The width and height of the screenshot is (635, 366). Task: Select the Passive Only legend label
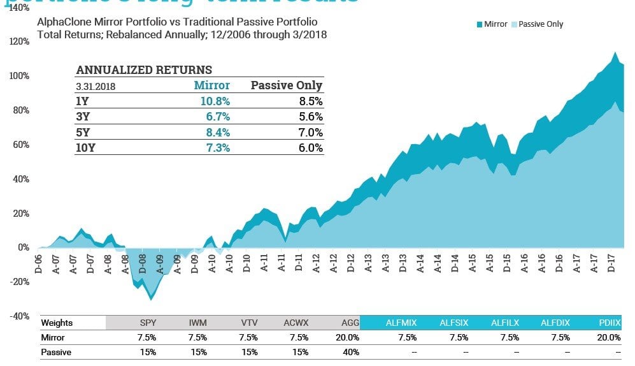point(541,24)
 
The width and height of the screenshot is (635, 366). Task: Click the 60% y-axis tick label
point(21,145)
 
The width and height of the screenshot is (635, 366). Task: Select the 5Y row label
point(83,132)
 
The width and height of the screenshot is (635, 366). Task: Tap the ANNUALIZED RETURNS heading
point(144,70)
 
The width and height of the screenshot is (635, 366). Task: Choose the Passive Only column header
point(286,85)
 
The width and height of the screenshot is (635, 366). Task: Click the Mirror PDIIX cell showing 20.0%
point(608,337)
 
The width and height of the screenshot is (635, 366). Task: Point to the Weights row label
point(57,323)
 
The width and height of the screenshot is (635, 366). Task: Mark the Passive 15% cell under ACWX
point(299,351)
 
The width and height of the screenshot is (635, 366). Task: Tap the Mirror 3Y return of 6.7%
point(216,117)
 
